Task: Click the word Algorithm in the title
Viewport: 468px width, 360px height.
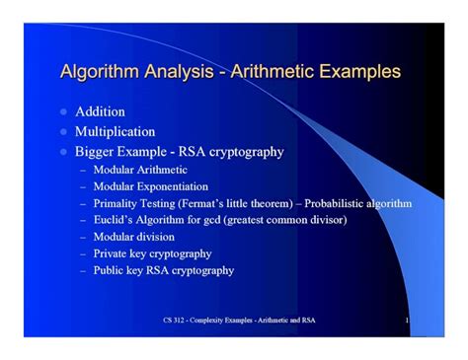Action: (100, 72)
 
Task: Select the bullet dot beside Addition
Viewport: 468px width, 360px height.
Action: (63, 112)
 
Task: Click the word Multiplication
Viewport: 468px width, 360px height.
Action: (115, 132)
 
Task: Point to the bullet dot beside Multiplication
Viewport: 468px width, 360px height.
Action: (63, 132)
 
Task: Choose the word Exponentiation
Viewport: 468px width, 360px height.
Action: (173, 186)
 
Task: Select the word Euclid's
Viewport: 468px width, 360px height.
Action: (113, 220)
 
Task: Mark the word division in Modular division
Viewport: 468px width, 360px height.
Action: (156, 237)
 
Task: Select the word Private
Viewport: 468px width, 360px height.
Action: (110, 253)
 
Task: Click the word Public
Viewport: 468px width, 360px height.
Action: (108, 270)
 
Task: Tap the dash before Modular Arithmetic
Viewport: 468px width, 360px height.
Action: (83, 171)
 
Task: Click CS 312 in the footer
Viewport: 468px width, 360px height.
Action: (174, 321)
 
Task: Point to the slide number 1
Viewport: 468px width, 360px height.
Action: (407, 321)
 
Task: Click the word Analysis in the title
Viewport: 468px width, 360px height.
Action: (179, 72)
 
